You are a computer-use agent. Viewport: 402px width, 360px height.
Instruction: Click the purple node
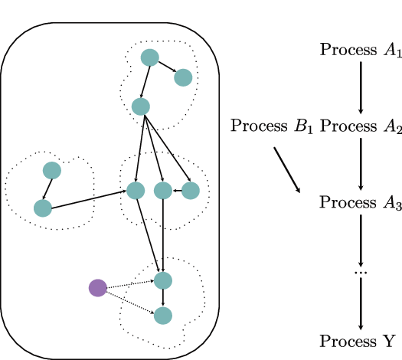pos(97,288)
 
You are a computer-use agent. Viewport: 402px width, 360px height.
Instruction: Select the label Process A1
pos(360,51)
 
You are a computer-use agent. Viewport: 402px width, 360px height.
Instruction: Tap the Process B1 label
pos(272,126)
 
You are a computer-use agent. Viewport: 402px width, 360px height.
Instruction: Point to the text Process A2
pos(360,126)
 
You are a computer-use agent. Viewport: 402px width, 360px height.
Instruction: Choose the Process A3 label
pos(360,203)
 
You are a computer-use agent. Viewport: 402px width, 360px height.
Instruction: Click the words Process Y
pos(358,341)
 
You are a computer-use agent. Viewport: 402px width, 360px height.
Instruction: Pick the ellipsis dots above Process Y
pos(361,272)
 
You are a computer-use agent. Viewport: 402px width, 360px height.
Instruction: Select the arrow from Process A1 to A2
pos(361,87)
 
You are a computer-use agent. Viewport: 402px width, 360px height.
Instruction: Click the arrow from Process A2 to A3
pos(361,164)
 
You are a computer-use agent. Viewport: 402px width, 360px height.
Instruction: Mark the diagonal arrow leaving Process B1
pos(288,169)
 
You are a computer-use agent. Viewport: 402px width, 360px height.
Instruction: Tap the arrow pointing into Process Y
pos(361,306)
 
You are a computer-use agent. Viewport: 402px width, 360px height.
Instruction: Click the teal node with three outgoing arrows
pos(140,106)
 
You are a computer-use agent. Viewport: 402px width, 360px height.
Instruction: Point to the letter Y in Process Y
pos(389,341)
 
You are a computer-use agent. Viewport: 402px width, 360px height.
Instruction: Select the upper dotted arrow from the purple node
pos(129,284)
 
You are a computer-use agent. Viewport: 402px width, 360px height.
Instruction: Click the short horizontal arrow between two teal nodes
pos(177,189)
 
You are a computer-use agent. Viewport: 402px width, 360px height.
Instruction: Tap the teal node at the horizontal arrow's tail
pos(191,189)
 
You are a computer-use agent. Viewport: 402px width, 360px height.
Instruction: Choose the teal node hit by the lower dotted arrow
pos(163,314)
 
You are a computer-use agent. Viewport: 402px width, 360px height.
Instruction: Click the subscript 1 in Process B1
pos(309,130)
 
